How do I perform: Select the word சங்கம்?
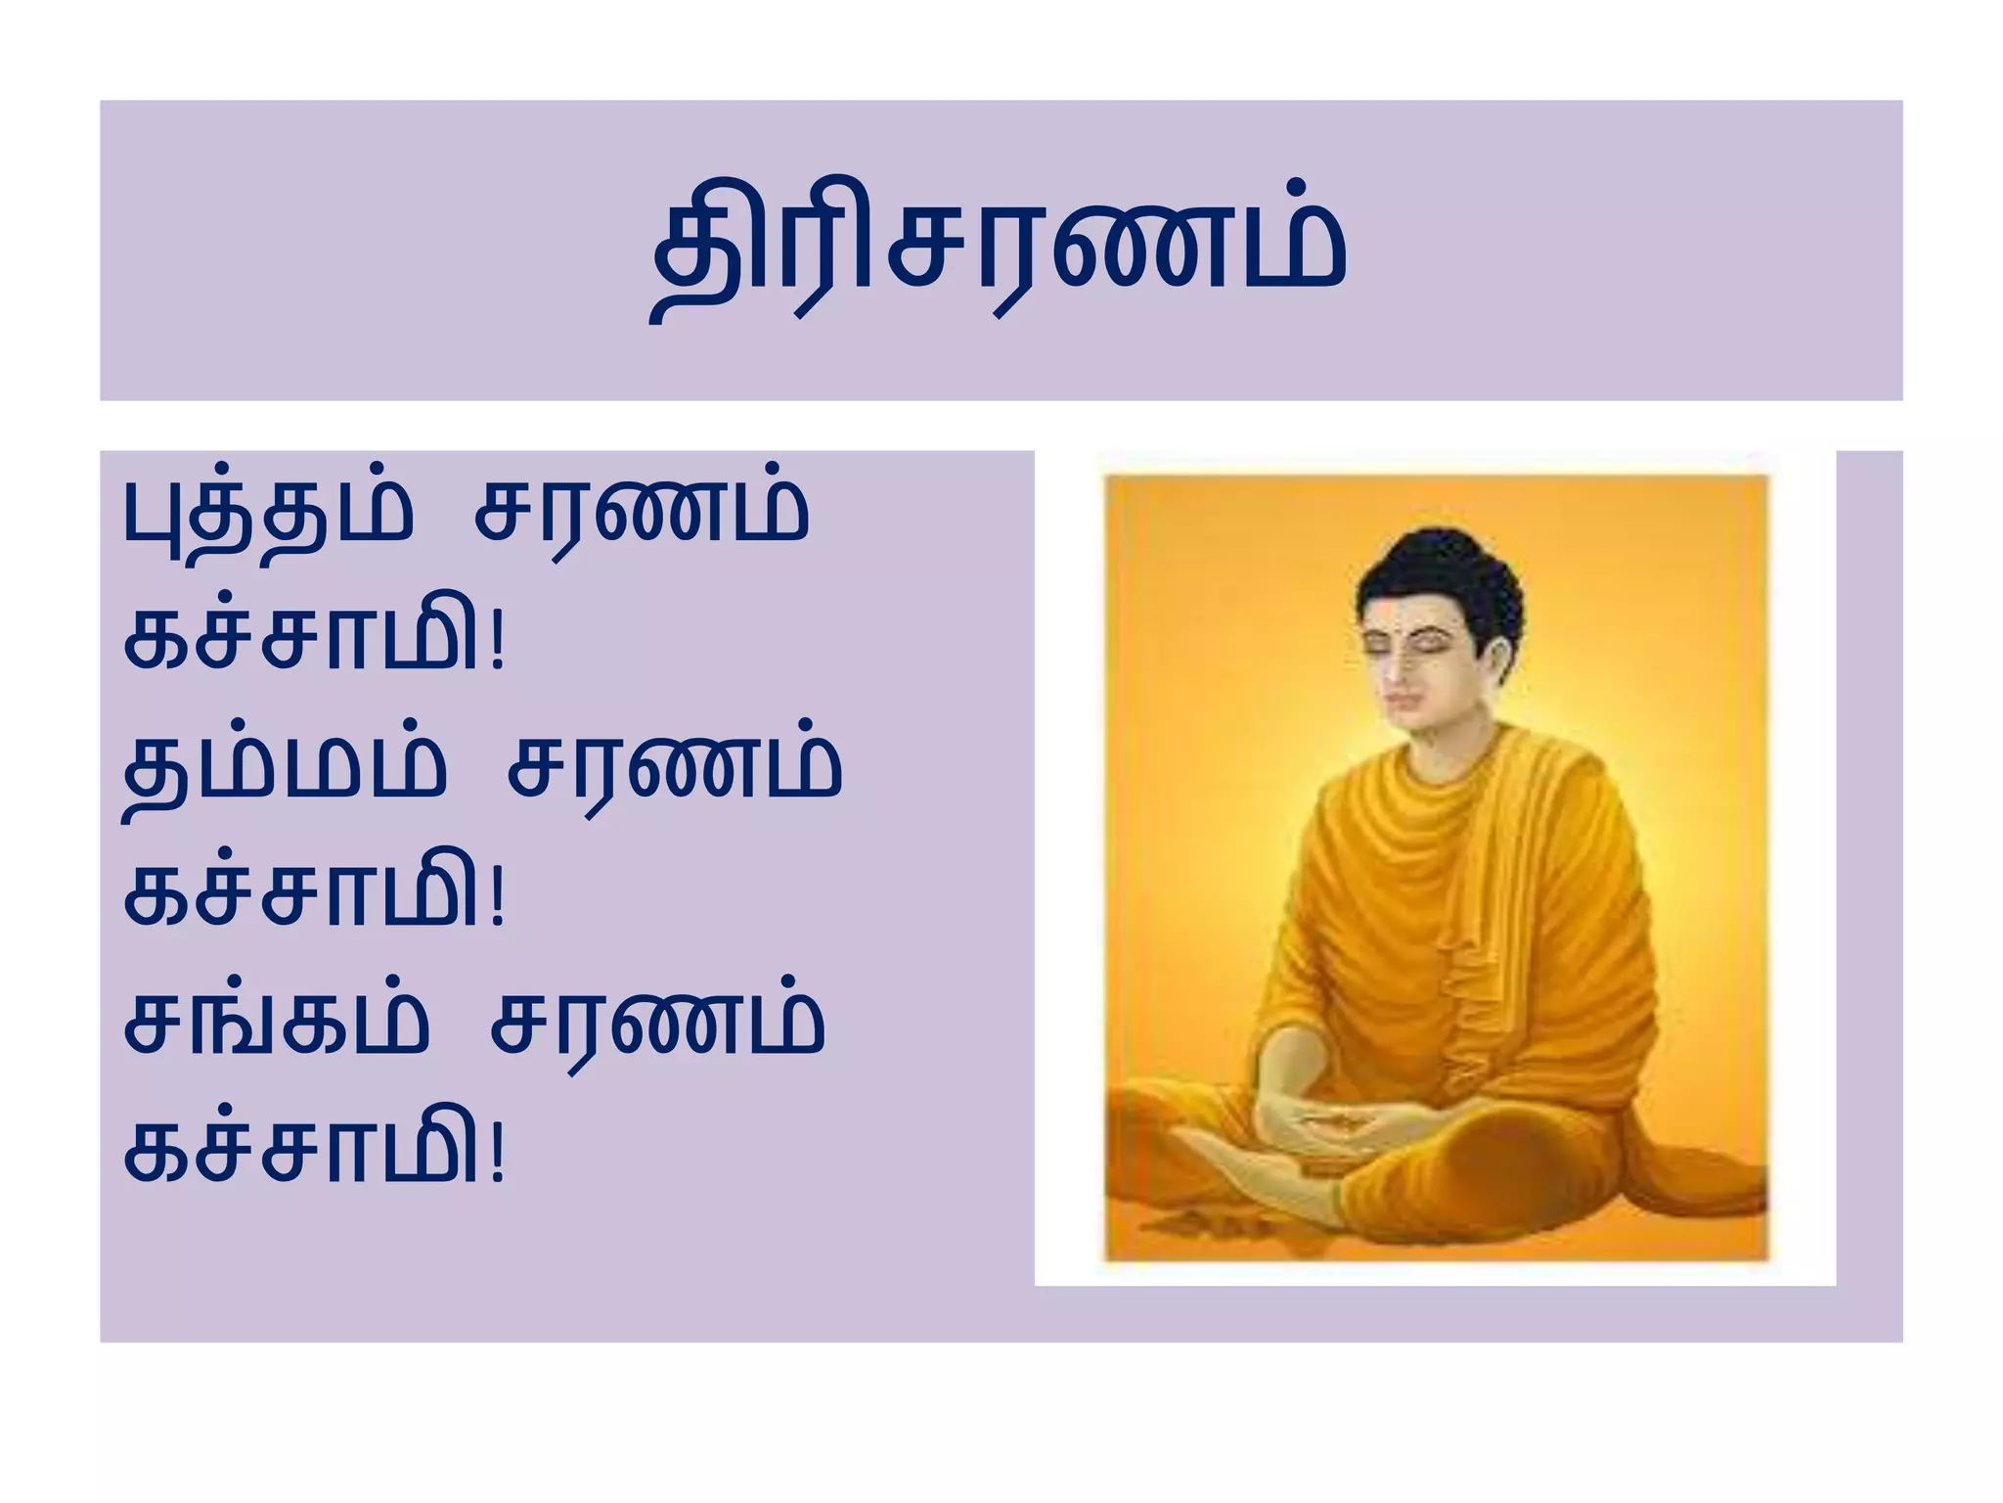click(x=276, y=1024)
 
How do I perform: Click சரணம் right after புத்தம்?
click(x=642, y=514)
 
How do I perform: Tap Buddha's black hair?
click(x=1438, y=568)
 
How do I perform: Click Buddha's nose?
click(x=1401, y=670)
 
